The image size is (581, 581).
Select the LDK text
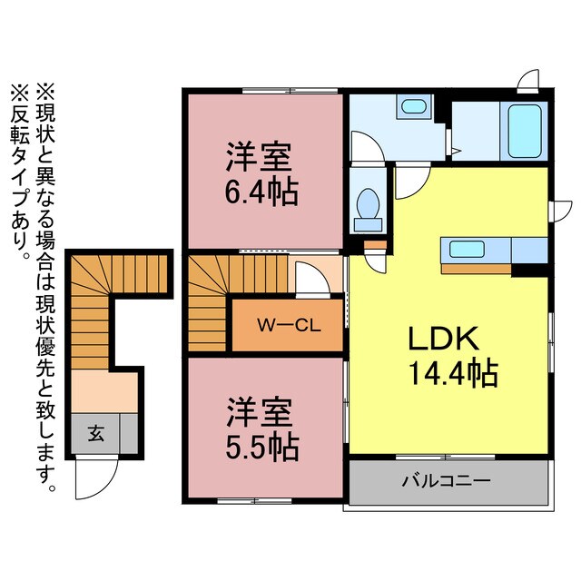pos(442,339)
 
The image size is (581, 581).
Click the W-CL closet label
pos(286,325)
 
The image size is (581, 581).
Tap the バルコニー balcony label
pos(446,478)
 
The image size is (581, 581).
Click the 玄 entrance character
pos(95,434)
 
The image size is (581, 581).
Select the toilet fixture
pos(369,208)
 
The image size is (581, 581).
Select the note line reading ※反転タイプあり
pos(19,172)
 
